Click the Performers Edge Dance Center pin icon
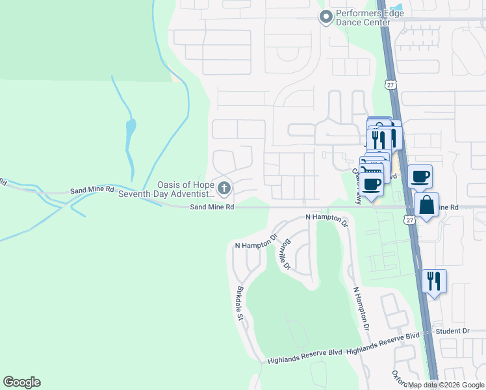click(326, 17)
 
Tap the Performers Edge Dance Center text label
click(363, 18)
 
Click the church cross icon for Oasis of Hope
click(224, 189)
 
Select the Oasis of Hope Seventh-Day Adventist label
click(186, 189)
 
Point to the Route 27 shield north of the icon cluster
click(390, 85)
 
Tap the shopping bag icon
click(427, 205)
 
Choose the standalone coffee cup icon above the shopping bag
click(420, 175)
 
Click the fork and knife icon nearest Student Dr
click(434, 281)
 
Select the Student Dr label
click(452, 331)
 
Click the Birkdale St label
click(240, 304)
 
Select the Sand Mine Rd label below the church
click(212, 207)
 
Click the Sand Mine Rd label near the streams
click(92, 192)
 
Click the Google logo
click(22, 382)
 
